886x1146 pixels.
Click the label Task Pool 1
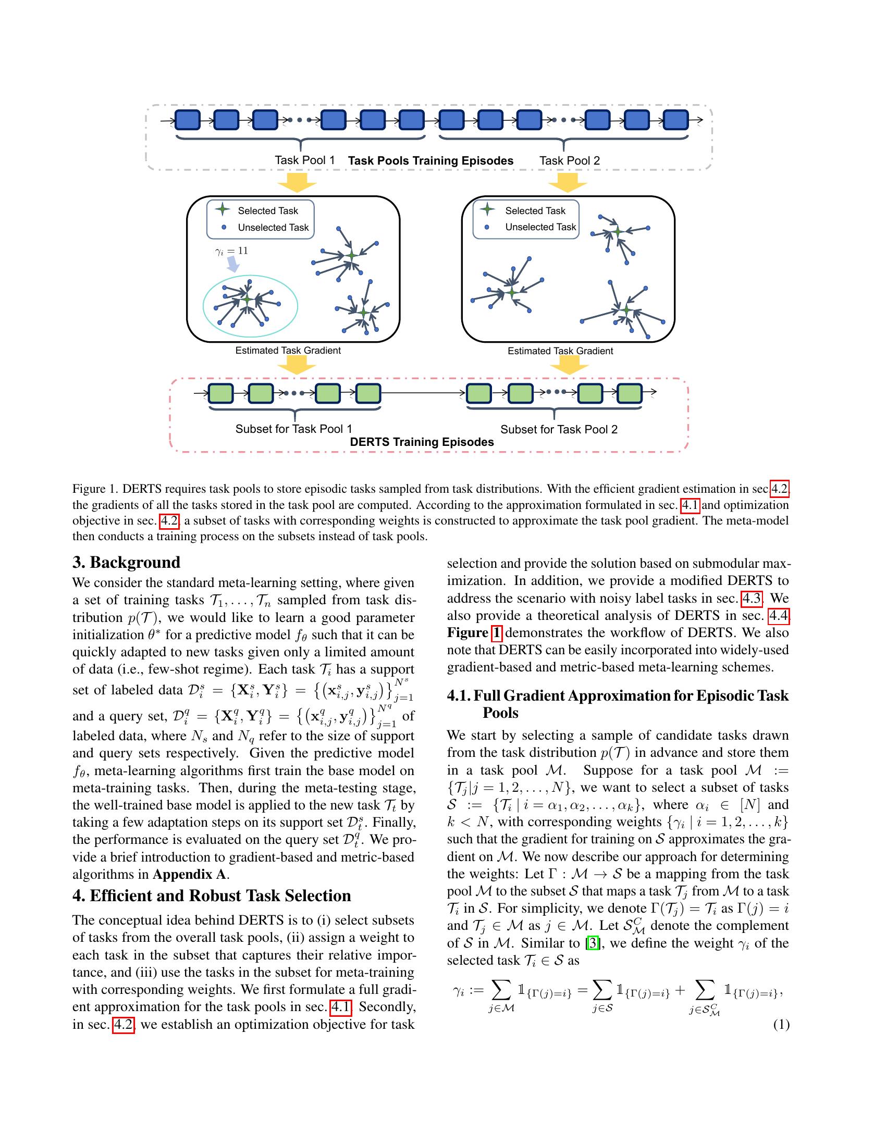[x=304, y=160]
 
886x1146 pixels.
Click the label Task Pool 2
[x=570, y=160]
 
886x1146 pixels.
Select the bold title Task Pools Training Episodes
[x=430, y=160]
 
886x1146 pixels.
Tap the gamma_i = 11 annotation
[x=231, y=251]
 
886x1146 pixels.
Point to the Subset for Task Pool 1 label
[x=293, y=429]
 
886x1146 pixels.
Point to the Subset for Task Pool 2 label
[x=559, y=429]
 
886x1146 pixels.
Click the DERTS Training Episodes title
[x=422, y=442]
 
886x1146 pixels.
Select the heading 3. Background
[x=126, y=562]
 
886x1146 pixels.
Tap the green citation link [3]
[x=593, y=943]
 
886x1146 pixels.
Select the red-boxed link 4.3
[x=751, y=597]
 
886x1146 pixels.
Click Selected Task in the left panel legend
[x=268, y=210]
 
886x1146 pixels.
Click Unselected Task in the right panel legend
[x=540, y=227]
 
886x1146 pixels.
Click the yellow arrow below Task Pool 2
[x=567, y=182]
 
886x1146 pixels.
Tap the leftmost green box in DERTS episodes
[x=221, y=393]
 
